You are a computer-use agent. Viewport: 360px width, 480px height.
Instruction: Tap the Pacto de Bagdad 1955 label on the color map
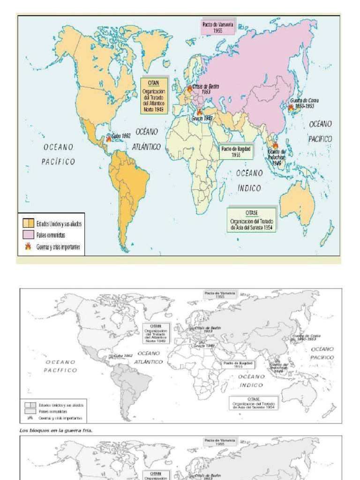pos(236,151)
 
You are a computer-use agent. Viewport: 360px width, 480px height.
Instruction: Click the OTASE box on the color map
pos(252,220)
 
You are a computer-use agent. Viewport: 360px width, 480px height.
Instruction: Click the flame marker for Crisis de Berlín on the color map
pos(189,88)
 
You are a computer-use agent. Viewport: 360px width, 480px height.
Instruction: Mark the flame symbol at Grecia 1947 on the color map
pos(200,112)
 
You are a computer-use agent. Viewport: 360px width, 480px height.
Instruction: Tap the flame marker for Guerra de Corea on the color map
pos(291,107)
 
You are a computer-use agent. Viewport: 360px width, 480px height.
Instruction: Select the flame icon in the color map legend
pos(28,246)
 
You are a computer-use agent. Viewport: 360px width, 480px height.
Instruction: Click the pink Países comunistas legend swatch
pos(28,235)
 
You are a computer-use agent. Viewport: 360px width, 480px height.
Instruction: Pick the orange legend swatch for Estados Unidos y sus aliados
pos(28,224)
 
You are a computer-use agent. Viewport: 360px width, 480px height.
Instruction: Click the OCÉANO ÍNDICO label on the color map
pos(249,180)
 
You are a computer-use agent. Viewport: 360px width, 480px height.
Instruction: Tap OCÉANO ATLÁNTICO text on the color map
pos(146,139)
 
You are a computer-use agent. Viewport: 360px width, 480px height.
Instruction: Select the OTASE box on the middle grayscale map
pos(253,402)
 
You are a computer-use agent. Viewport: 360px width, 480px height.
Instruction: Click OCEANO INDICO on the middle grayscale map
pos(252,381)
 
